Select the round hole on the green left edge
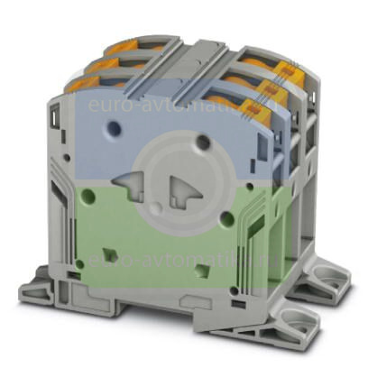tap(86, 193)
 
